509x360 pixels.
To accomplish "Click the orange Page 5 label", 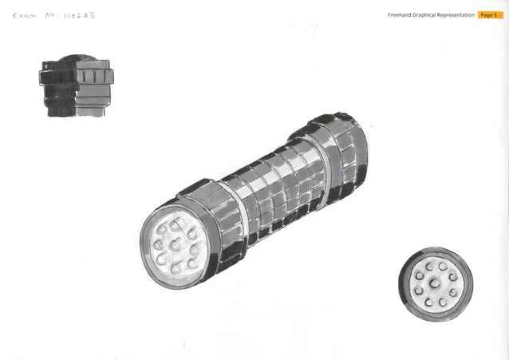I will [x=490, y=15].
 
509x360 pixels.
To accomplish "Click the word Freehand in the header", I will [x=401, y=15].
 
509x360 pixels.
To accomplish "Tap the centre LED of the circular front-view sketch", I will [x=436, y=283].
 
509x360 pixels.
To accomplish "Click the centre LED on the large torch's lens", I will [x=175, y=244].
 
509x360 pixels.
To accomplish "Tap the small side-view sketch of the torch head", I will [x=76, y=85].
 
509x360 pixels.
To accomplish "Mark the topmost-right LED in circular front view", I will [x=444, y=266].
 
